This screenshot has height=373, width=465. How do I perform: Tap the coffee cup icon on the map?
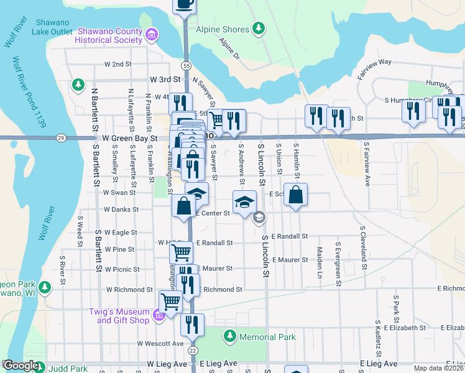(184, 4)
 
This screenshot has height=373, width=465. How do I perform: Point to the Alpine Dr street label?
(229, 48)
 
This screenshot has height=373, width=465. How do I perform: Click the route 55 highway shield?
(187, 65)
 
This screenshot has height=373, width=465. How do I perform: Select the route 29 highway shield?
(60, 137)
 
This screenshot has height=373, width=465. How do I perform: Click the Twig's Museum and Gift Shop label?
(122, 316)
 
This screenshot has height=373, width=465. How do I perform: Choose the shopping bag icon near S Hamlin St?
(296, 195)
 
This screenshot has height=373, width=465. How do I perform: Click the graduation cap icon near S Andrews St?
(244, 201)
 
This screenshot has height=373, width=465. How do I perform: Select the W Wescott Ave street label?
(161, 343)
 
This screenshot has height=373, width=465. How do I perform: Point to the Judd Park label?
(70, 367)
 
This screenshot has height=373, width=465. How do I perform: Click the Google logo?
(21, 366)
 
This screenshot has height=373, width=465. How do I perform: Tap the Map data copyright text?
(438, 368)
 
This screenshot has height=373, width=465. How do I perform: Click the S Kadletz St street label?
(377, 339)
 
